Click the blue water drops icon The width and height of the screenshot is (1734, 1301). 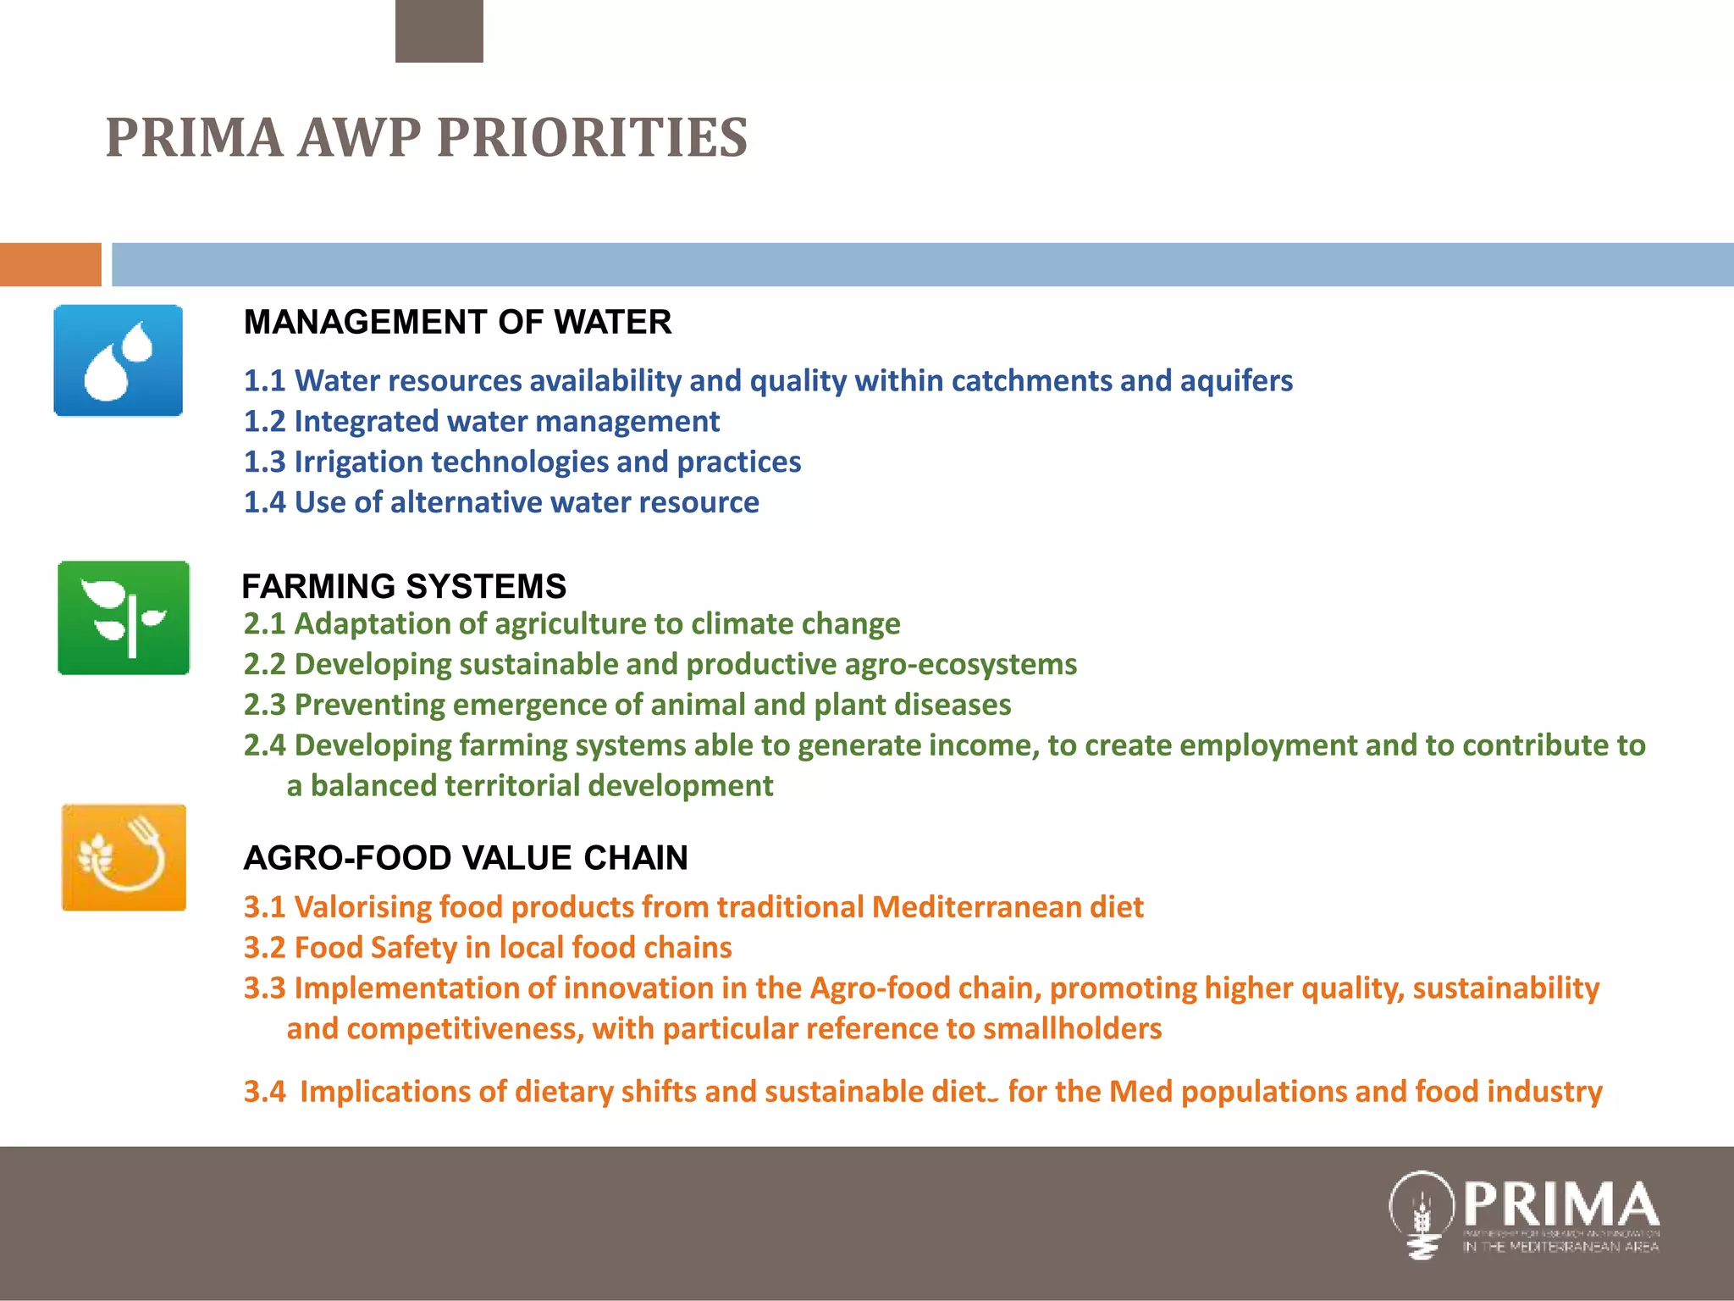click(x=119, y=361)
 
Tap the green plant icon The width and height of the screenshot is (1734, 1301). click(x=124, y=617)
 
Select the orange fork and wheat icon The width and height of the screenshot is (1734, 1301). click(x=124, y=857)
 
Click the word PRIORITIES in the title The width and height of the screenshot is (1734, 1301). click(x=592, y=138)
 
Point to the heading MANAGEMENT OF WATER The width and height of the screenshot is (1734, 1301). click(x=457, y=323)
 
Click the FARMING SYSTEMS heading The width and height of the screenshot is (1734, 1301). click(x=404, y=586)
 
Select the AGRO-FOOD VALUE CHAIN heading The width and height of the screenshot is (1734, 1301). click(x=466, y=858)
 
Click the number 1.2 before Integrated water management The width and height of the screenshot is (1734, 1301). click(x=264, y=422)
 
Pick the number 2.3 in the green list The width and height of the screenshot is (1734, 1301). click(x=264, y=705)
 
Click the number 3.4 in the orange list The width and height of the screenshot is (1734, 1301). click(x=264, y=1092)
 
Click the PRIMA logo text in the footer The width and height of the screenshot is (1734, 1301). click(x=1560, y=1204)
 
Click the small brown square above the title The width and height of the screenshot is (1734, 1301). click(x=439, y=31)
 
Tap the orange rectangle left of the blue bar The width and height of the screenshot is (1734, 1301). click(x=50, y=264)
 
